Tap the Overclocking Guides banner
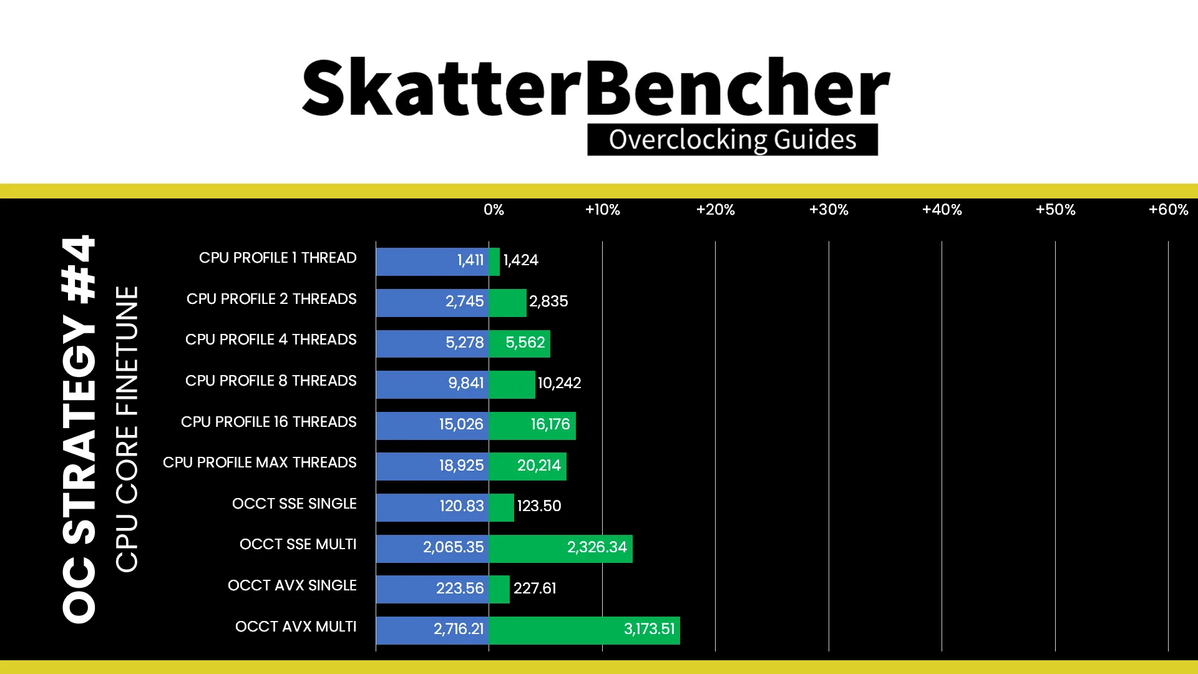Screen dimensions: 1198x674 pos(733,139)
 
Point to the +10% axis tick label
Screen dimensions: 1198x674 pos(602,210)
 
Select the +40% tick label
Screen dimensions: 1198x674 pos(942,210)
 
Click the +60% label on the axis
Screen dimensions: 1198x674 pos(1168,210)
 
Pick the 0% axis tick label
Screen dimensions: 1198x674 pos(494,210)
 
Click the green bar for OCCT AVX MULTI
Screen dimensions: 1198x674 pos(584,630)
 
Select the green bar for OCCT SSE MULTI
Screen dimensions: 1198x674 pos(560,549)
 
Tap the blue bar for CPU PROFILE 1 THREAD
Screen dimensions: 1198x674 pos(432,261)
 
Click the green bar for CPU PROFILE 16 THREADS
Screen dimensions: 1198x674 pos(532,426)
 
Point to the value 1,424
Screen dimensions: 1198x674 pos(520,260)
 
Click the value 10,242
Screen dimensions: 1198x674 pos(559,383)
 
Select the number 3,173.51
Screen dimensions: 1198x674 pos(649,629)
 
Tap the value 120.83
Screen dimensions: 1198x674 pos(462,506)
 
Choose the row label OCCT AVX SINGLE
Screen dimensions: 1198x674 pos(292,585)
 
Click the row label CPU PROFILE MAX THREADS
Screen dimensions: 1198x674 pos(260,462)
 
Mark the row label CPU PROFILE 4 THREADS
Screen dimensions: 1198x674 pos(271,339)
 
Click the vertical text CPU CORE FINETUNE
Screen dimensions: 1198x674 pos(127,429)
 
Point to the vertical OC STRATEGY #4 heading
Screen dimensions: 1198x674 pos(79,429)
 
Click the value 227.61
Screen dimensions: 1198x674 pos(535,589)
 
